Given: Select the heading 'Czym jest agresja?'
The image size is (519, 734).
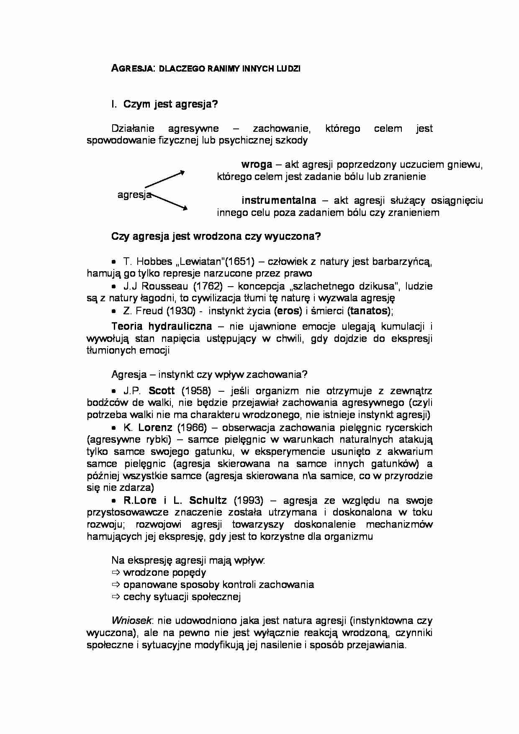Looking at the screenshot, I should coord(170,104).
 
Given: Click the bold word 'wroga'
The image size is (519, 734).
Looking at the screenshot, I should coord(257,164).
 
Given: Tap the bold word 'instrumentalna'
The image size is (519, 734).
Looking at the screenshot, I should coord(279,200).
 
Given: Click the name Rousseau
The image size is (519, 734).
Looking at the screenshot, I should coord(164,286).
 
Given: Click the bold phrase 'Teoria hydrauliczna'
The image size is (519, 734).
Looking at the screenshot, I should coord(162,326).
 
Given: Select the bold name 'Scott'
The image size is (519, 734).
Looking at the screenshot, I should coord(162,390).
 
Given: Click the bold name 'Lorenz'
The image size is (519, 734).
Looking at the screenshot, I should coord(155,427).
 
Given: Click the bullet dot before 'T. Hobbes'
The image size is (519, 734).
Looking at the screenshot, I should coord(113,262).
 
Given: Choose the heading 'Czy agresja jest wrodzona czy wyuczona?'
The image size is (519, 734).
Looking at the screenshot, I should coord(216,236).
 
